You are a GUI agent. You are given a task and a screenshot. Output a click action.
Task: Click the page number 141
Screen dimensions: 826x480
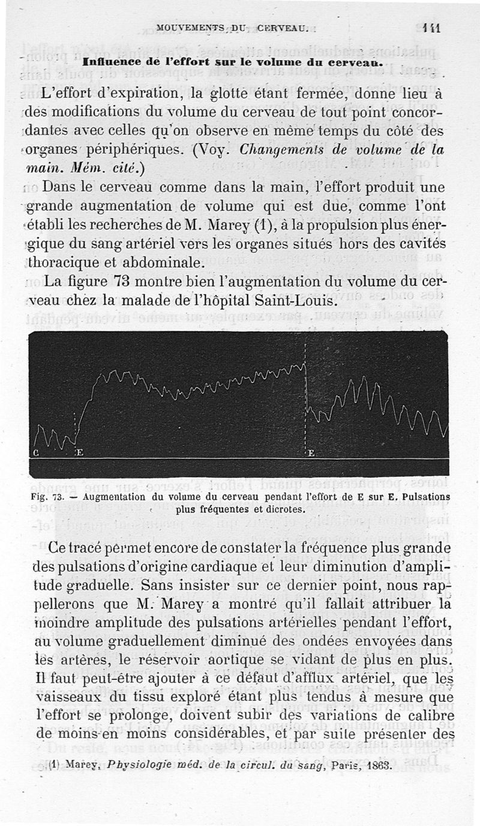coord(431,28)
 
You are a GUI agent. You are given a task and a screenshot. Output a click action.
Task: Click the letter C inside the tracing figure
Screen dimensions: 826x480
coord(37,453)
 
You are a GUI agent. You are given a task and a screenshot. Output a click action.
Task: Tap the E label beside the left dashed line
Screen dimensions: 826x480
coord(79,453)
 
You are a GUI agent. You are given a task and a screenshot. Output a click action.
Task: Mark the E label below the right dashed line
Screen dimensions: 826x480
coord(311,453)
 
